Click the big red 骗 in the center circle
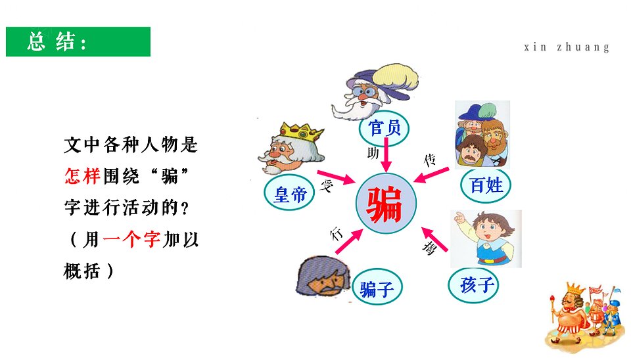point(385,204)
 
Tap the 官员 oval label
point(385,128)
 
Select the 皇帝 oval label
point(289,194)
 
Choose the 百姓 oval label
point(486,185)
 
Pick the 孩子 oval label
point(474,285)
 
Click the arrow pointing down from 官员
point(386,155)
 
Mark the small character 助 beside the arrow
point(373,153)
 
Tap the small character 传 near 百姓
point(430,160)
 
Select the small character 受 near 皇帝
point(327,186)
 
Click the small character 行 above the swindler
point(337,233)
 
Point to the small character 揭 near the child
point(429,247)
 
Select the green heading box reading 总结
point(78,42)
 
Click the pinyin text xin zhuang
point(567,47)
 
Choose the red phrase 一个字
point(131,239)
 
